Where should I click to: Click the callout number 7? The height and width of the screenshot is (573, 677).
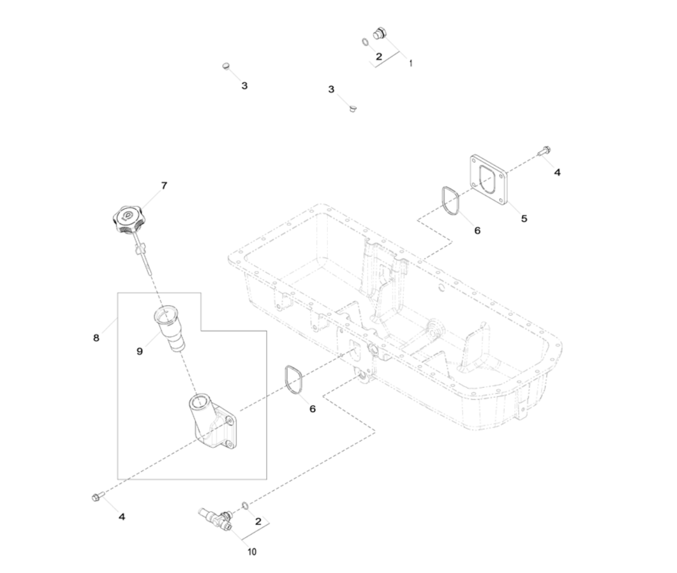click(x=163, y=186)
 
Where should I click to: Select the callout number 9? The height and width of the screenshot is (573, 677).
click(x=139, y=351)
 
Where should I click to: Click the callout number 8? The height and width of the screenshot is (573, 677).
click(x=97, y=338)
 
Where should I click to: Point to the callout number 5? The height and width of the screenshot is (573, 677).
click(x=524, y=218)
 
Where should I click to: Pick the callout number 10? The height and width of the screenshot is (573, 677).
click(x=252, y=552)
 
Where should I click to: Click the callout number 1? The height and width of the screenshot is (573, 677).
click(x=411, y=63)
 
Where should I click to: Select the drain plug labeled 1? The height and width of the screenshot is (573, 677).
click(x=380, y=34)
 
